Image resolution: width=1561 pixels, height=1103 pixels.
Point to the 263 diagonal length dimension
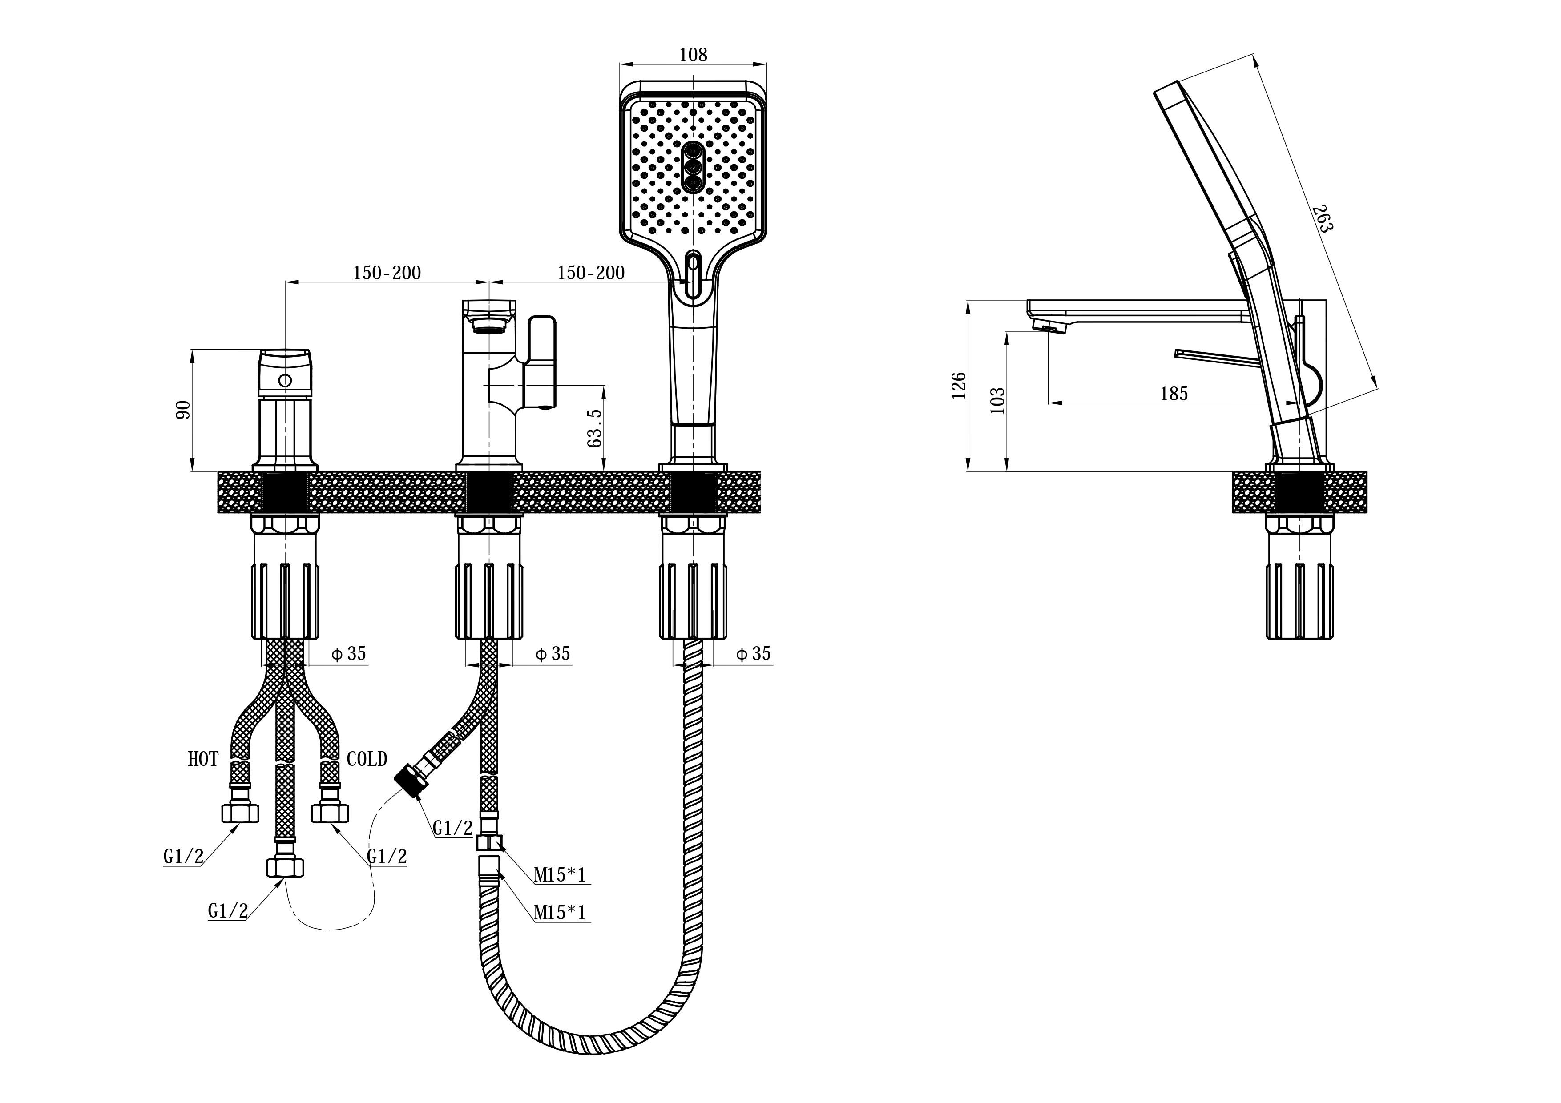(1323, 217)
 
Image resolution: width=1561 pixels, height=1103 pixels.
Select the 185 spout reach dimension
(1174, 394)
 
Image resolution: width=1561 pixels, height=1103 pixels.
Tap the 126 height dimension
(959, 385)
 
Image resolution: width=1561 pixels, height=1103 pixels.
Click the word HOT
(203, 759)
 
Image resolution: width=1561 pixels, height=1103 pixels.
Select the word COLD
(367, 759)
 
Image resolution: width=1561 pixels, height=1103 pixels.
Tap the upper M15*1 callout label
(560, 875)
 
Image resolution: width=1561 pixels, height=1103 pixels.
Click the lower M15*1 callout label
(560, 913)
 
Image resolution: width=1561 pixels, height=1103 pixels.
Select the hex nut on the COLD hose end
(331, 813)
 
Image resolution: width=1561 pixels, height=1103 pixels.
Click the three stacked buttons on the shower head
(694, 168)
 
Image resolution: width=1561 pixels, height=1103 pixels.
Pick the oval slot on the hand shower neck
(694, 274)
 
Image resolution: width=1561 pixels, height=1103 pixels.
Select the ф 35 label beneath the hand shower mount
(753, 654)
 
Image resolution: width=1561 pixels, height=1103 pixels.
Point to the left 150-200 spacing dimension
(387, 273)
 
